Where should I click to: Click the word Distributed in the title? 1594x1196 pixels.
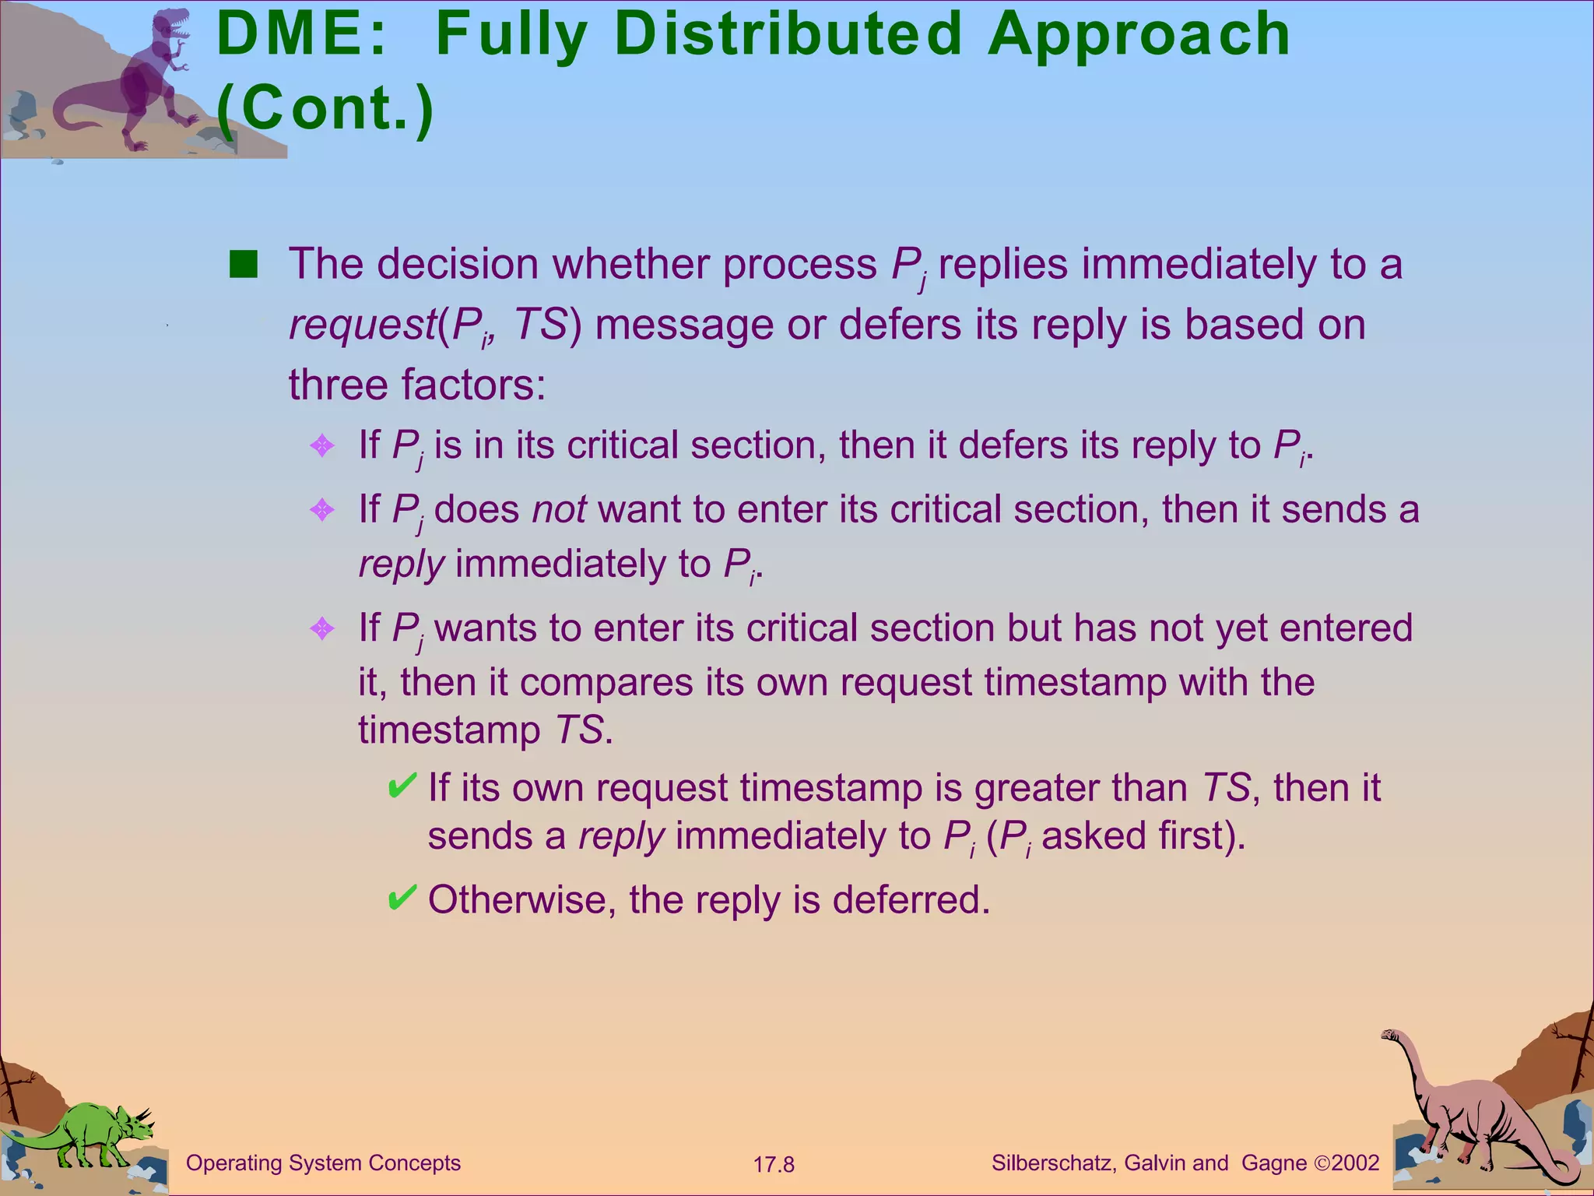[788, 35]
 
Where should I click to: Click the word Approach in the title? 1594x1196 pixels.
[1139, 35]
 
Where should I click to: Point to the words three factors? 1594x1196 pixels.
[416, 385]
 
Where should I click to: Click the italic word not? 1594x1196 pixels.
[559, 509]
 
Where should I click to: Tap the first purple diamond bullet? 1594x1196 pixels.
[321, 446]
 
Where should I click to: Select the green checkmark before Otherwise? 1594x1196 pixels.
[402, 898]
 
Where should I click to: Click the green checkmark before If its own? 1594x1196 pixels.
[402, 786]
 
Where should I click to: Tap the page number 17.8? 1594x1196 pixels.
[773, 1165]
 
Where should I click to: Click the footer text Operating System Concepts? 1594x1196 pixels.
[323, 1163]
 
